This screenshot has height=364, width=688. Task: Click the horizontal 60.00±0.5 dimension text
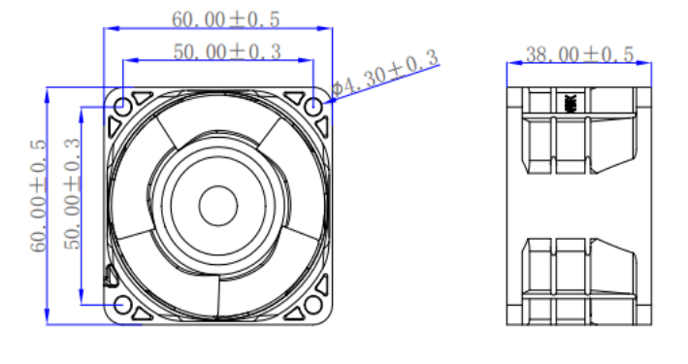(x=225, y=19)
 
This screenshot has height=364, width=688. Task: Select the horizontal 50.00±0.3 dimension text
(x=227, y=51)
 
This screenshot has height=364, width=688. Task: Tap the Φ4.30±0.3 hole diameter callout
(x=385, y=74)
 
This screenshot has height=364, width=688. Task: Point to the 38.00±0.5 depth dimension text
(x=579, y=54)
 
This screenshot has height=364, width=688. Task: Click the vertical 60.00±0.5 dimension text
(x=38, y=196)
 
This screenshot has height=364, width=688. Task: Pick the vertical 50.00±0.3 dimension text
(x=73, y=194)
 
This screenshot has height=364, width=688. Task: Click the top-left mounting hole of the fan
(x=123, y=106)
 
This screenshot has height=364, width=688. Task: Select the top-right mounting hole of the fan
(x=313, y=106)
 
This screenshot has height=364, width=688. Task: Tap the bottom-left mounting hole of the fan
(x=123, y=305)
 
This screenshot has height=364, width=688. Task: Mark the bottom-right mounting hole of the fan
(x=313, y=305)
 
